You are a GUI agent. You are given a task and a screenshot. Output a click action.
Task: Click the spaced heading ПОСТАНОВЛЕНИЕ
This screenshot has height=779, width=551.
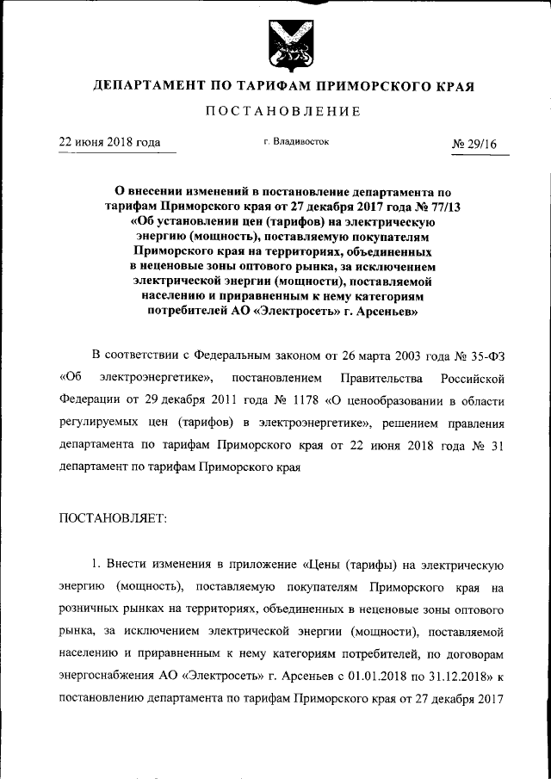coord(283,111)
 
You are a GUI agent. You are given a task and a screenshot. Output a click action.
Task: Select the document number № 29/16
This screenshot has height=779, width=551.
coord(474,144)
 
